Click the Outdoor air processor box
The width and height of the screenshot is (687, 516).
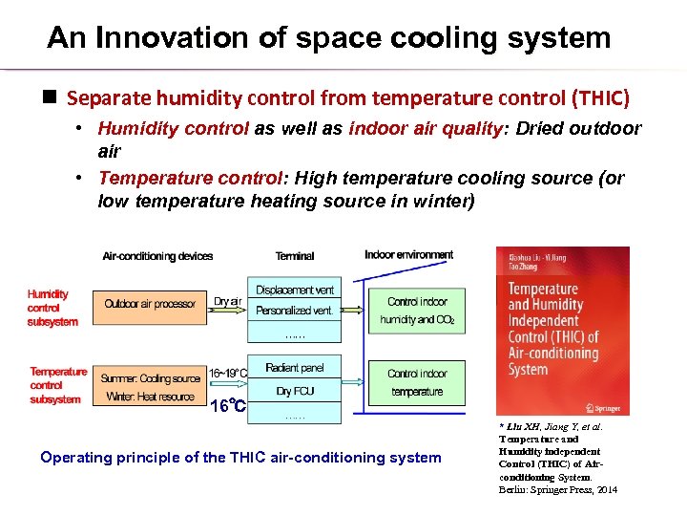click(150, 304)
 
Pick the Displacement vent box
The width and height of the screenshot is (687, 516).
click(295, 290)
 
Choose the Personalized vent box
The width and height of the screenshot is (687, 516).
click(295, 311)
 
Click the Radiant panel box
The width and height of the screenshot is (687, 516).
click(295, 368)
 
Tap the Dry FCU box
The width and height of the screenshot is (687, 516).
click(295, 391)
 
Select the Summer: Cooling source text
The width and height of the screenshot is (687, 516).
click(151, 378)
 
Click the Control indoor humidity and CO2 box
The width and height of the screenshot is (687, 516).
click(417, 311)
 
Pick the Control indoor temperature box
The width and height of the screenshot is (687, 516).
click(417, 382)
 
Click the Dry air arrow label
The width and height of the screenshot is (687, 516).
click(227, 301)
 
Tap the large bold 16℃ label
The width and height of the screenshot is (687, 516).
click(227, 406)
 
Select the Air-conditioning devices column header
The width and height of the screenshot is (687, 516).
click(157, 256)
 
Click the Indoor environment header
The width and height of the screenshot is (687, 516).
click(408, 254)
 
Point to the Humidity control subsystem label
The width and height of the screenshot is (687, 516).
click(52, 308)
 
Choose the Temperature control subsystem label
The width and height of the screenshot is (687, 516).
click(57, 385)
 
